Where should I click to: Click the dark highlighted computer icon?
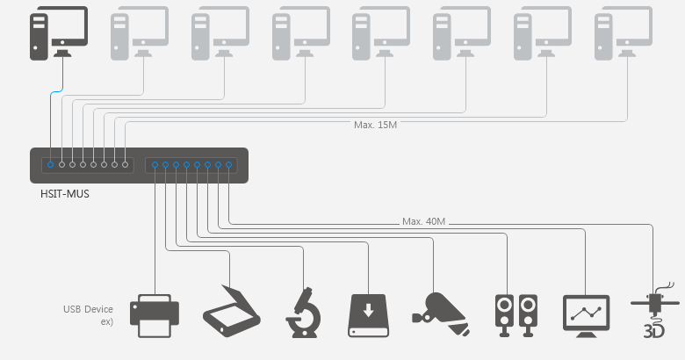59,32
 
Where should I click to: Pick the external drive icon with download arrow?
367,314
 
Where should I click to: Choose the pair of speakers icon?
516,314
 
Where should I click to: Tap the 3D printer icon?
655,313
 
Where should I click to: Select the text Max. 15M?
376,126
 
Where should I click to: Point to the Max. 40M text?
424,221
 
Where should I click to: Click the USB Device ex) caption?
88,315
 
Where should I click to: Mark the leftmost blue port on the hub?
51,164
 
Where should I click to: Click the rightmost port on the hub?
228,164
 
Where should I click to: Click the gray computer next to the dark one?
140,32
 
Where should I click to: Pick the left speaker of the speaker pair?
504,314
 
